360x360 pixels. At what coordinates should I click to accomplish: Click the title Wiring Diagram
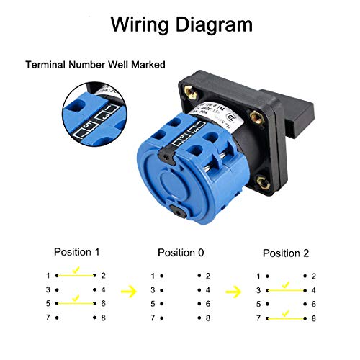180,24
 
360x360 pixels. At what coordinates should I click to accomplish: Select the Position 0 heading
180,253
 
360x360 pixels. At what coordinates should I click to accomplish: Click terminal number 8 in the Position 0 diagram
207,318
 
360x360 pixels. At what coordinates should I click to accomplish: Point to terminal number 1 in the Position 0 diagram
152,276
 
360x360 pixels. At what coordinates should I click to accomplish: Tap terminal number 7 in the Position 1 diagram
48,318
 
